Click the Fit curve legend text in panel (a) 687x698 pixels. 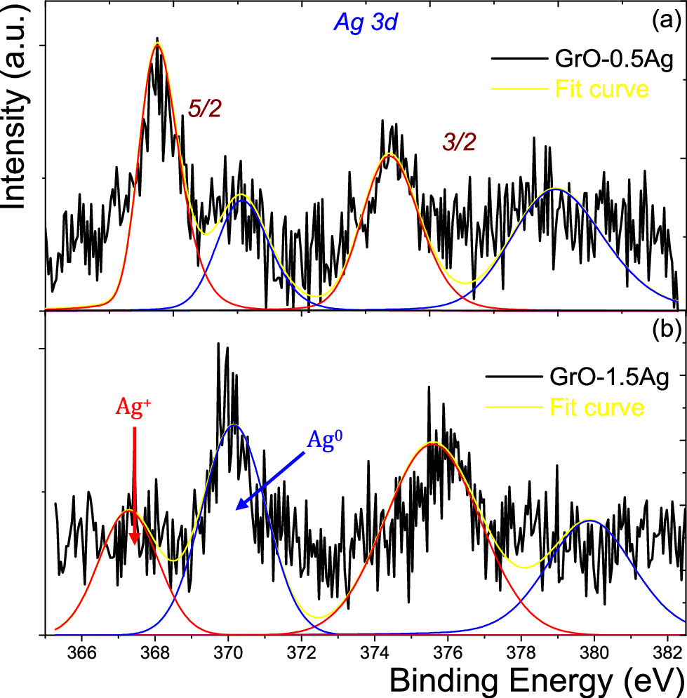(601, 89)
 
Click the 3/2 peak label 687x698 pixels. (460, 142)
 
